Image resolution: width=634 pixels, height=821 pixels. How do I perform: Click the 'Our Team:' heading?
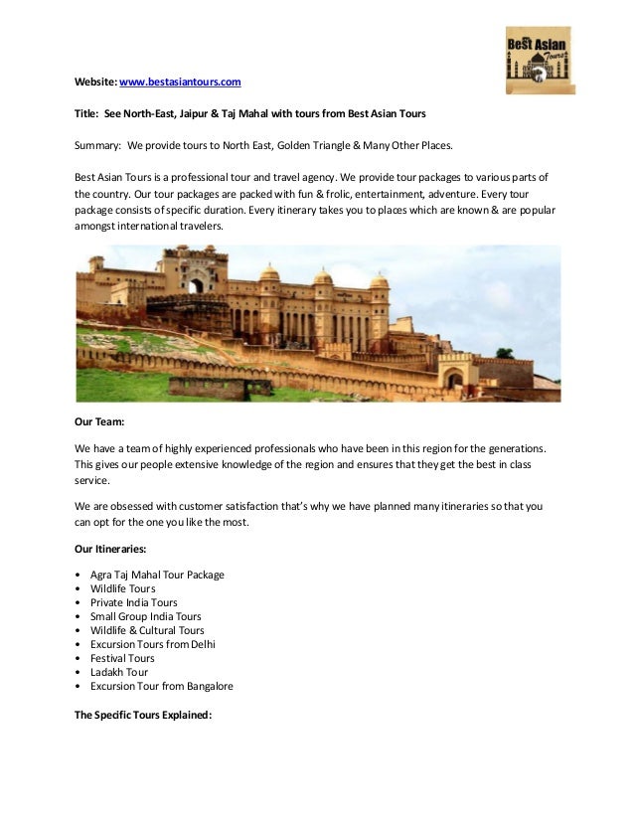pyautogui.click(x=99, y=421)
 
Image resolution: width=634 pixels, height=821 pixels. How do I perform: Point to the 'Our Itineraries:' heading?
pyautogui.click(x=112, y=549)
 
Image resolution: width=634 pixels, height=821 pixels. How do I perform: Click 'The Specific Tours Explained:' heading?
pyautogui.click(x=143, y=714)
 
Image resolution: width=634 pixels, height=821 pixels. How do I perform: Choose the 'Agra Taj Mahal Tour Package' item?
pyautogui.click(x=157, y=575)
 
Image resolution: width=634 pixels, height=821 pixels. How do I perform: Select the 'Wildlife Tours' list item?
pyautogui.click(x=122, y=588)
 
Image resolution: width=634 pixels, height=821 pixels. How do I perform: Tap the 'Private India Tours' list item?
pyautogui.click(x=134, y=602)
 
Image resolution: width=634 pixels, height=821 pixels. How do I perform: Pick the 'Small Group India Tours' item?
pyautogui.click(x=145, y=616)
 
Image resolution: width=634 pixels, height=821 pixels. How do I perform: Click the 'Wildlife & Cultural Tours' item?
pyautogui.click(x=147, y=630)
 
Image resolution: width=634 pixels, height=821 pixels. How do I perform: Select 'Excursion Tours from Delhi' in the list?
pyautogui.click(x=152, y=644)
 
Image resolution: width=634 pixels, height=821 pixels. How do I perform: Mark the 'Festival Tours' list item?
pyautogui.click(x=122, y=658)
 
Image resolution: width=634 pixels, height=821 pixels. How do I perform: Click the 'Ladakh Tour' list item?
pyautogui.click(x=118, y=672)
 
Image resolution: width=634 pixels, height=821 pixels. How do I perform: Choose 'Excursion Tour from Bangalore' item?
pyautogui.click(x=161, y=686)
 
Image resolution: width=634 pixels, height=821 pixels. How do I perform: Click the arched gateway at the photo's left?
pyautogui.click(x=195, y=284)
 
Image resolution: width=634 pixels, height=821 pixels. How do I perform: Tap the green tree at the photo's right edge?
pyautogui.click(x=505, y=353)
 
